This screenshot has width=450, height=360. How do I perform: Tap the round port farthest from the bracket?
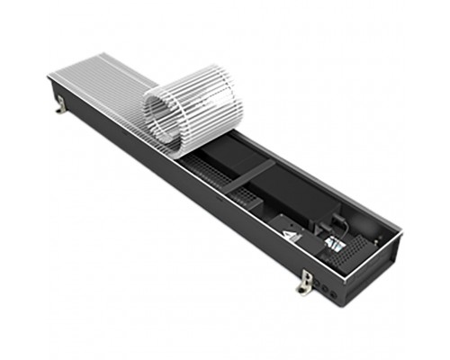(338, 290)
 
